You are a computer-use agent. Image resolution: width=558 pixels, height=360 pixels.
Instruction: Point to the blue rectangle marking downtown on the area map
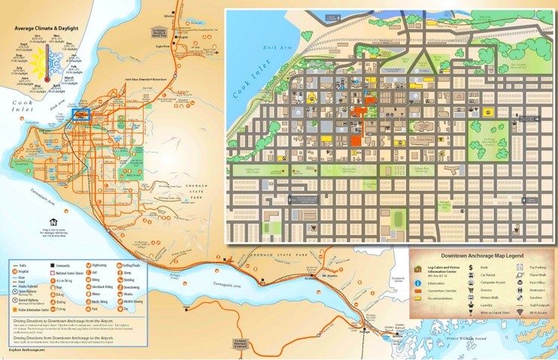(83, 114)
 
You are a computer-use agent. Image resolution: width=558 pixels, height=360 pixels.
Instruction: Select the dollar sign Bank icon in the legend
(471, 268)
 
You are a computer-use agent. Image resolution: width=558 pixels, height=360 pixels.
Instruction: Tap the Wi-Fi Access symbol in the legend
(520, 311)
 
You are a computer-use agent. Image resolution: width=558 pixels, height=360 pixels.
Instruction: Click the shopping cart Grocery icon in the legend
(471, 285)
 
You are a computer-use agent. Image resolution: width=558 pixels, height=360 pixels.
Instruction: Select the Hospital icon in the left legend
(15, 271)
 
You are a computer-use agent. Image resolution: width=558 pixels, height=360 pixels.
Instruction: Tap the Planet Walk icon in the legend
(520, 276)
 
